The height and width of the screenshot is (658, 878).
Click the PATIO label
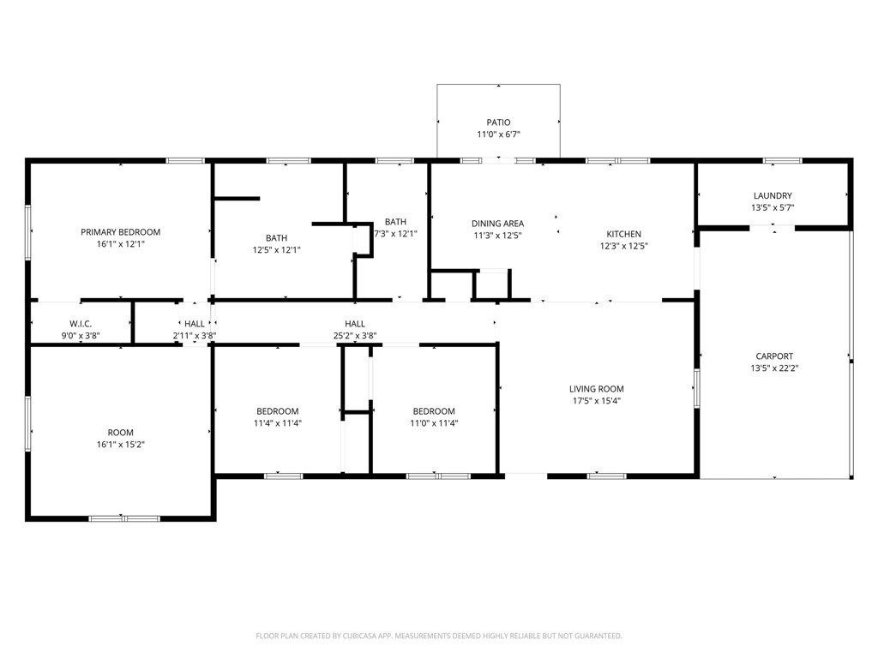coord(498,122)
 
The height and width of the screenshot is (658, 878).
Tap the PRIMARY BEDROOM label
coord(120,231)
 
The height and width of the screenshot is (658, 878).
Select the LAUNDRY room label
coord(773,195)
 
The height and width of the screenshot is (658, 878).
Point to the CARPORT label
coord(774,356)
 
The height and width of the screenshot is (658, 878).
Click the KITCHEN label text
coord(624,234)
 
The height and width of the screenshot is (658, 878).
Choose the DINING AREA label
coord(498,224)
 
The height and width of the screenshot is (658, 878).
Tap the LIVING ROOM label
coord(597,389)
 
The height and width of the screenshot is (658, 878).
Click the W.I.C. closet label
coord(81,323)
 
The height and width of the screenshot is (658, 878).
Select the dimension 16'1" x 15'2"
coord(120,445)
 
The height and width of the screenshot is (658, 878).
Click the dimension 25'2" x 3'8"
coord(355,336)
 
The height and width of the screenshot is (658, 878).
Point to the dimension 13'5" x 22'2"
coord(774,368)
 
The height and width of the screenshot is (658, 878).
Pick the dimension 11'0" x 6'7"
coord(498,135)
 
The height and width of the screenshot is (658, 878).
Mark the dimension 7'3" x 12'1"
coord(396,234)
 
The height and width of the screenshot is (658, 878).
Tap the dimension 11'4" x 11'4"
coord(278,423)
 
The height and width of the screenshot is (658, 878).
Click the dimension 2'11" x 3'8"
coord(195,336)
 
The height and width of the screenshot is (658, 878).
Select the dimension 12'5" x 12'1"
coord(277,250)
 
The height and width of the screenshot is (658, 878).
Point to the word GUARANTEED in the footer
coord(599,636)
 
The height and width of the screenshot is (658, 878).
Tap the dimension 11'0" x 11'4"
coord(434,423)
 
